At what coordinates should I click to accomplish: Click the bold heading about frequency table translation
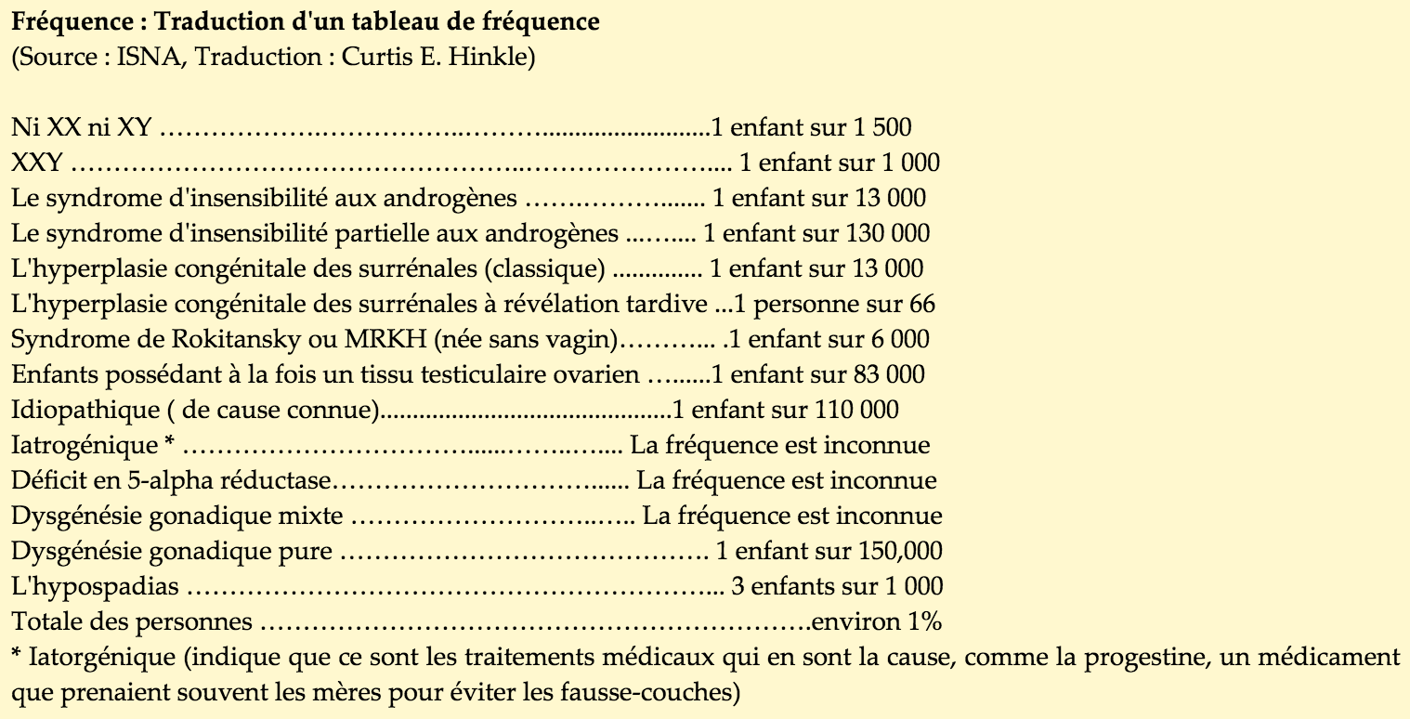point(306,22)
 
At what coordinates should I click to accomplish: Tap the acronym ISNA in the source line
point(142,57)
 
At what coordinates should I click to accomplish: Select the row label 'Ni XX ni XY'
point(82,127)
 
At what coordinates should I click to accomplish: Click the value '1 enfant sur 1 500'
point(811,127)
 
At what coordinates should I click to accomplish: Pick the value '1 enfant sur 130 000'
point(816,234)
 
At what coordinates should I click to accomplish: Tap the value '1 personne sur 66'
point(835,305)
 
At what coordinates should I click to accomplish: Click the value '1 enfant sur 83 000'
point(818,375)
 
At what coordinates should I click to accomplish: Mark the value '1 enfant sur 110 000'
point(785,411)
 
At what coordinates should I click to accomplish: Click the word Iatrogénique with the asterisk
point(93,446)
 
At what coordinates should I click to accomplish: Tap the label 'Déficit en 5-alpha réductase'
point(172,481)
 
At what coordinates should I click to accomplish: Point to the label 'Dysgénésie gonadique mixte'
point(177,516)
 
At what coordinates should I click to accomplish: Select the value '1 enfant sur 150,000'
point(829,552)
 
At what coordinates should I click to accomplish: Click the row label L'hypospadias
point(96,587)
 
